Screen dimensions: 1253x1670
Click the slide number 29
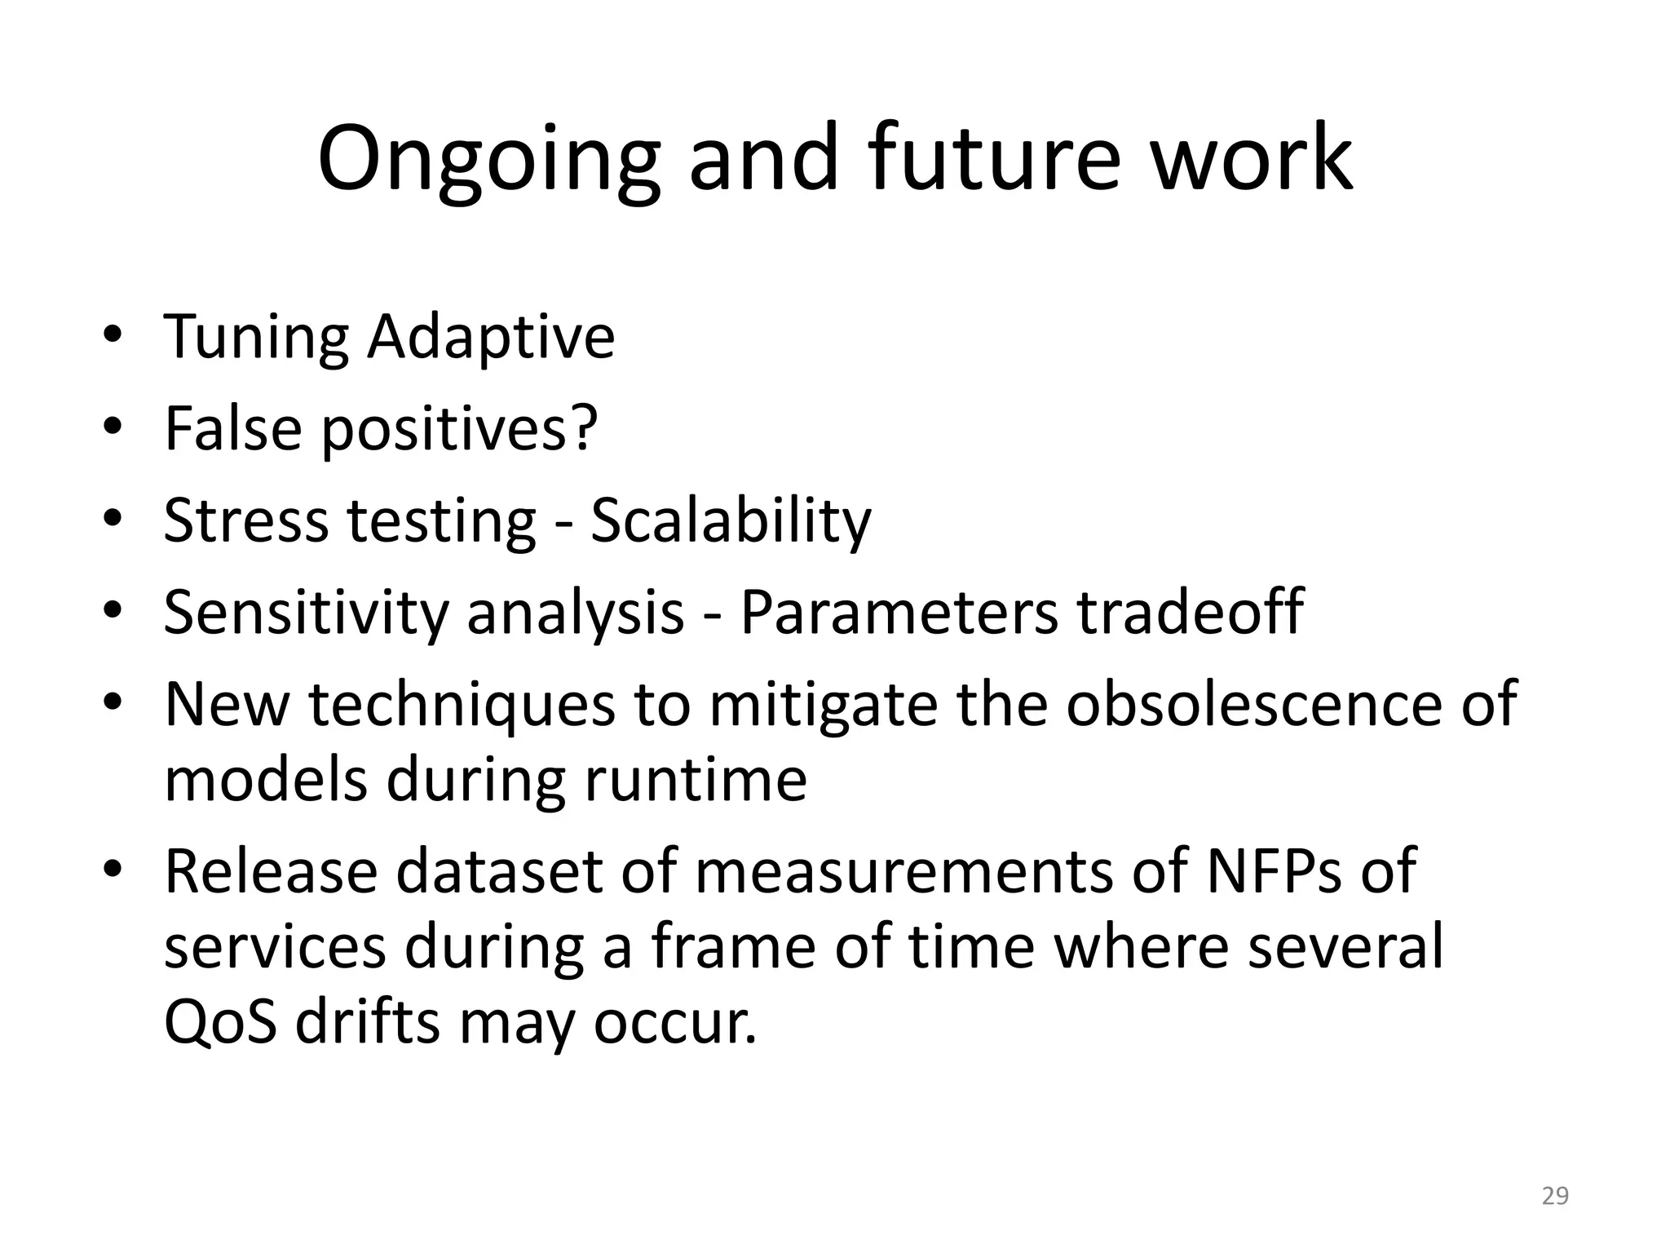[x=1555, y=1196]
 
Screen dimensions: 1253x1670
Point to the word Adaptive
[x=490, y=339]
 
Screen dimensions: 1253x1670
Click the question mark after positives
[x=582, y=427]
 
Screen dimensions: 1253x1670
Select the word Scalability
[x=731, y=522]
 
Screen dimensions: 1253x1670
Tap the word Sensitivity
[x=306, y=613]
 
